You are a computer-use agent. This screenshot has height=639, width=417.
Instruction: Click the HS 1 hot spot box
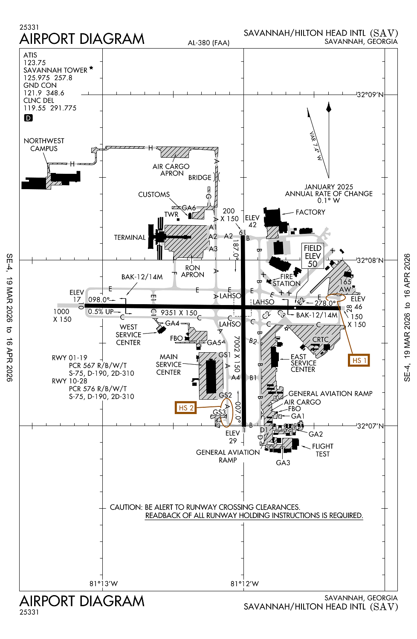click(x=359, y=360)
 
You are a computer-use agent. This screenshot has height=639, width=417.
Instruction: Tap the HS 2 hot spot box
click(x=185, y=408)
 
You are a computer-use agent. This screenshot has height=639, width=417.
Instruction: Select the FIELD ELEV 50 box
click(x=313, y=256)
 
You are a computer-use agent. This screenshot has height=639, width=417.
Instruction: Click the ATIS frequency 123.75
click(x=35, y=63)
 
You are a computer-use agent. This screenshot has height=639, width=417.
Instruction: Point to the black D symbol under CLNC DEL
click(x=28, y=118)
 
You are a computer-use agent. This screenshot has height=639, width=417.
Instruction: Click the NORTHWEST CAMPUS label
click(x=44, y=145)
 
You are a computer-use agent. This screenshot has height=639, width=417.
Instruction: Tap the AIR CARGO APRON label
click(x=171, y=170)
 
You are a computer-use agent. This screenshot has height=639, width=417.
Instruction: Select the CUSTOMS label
click(x=154, y=195)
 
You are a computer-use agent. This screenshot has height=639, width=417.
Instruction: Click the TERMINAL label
click(x=130, y=237)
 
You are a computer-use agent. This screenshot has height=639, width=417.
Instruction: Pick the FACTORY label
click(x=310, y=212)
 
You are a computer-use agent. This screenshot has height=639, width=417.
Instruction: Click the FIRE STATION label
click(x=287, y=280)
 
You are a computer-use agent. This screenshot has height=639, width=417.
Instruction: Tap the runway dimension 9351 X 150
click(x=179, y=313)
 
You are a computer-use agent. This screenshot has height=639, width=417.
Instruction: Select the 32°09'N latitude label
click(x=370, y=95)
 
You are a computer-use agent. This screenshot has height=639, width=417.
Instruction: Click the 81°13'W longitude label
click(x=104, y=584)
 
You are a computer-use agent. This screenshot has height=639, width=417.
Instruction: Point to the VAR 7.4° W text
click(x=316, y=146)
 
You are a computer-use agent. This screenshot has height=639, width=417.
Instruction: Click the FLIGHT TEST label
click(x=323, y=450)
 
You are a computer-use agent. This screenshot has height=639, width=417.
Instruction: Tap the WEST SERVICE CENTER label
click(x=128, y=335)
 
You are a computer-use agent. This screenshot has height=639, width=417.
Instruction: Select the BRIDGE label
click(x=200, y=178)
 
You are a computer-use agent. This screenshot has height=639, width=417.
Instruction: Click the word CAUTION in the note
click(x=126, y=507)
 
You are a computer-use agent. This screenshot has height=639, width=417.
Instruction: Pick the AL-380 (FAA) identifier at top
click(x=208, y=43)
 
